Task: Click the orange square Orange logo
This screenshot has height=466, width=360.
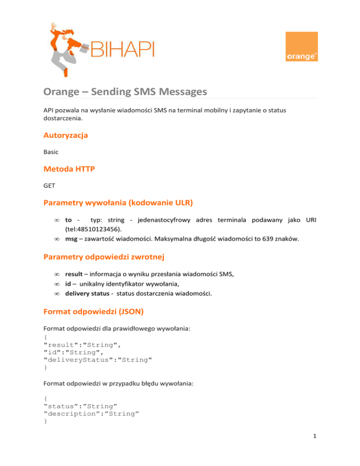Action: [301, 46]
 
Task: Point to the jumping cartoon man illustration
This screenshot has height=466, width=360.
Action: [65, 47]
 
